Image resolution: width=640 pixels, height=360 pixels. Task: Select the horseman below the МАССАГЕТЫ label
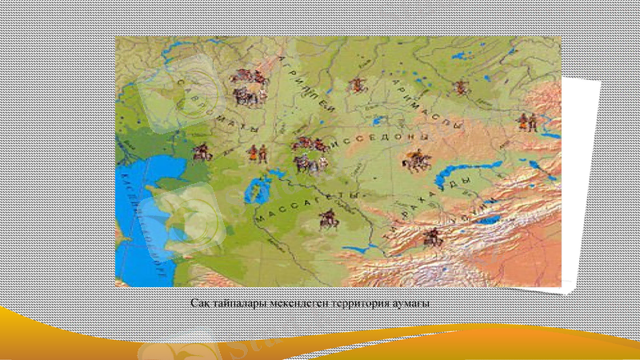[328, 218]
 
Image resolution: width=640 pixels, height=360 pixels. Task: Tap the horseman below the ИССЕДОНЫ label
[414, 159]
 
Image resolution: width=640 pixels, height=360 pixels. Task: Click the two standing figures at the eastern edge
[526, 122]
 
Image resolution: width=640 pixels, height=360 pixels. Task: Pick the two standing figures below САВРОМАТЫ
[257, 153]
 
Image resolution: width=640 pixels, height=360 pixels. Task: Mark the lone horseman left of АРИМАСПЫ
[357, 84]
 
